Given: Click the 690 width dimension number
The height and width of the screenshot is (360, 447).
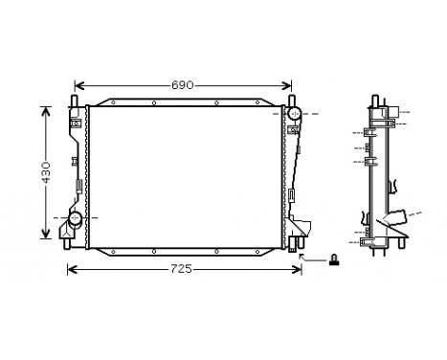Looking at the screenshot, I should tap(182, 85).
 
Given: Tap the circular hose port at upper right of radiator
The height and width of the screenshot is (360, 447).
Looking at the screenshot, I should tap(294, 115).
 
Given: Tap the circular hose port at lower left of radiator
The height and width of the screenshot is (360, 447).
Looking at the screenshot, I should tap(72, 220).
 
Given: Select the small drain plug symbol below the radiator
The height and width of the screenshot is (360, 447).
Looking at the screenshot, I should tap(333, 259).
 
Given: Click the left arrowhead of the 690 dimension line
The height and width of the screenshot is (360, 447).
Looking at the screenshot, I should tap(78, 85).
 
